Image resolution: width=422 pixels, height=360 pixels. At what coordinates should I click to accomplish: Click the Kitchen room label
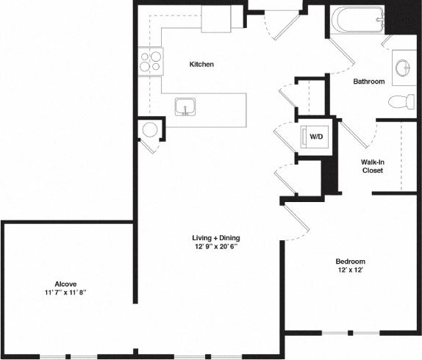click(x=201, y=65)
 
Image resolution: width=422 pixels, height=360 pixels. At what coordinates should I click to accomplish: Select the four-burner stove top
click(x=150, y=61)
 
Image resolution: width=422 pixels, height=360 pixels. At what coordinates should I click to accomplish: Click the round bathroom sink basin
click(x=404, y=68)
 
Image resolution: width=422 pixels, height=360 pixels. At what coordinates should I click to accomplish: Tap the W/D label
click(x=316, y=137)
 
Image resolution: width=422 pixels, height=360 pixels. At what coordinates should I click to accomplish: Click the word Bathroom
click(x=368, y=82)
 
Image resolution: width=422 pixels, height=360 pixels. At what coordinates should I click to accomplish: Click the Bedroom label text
click(x=350, y=262)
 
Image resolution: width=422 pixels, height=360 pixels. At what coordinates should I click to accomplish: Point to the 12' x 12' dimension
click(x=350, y=271)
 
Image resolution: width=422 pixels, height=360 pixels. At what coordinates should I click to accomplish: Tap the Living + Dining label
click(x=216, y=238)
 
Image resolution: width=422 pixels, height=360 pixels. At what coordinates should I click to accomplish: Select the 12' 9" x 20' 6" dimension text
click(x=215, y=248)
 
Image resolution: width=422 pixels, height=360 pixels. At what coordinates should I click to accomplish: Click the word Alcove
click(x=66, y=284)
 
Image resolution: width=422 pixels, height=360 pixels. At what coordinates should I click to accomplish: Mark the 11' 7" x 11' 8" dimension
click(x=66, y=293)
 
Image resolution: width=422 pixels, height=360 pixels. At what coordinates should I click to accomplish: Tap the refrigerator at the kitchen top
click(x=217, y=20)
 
